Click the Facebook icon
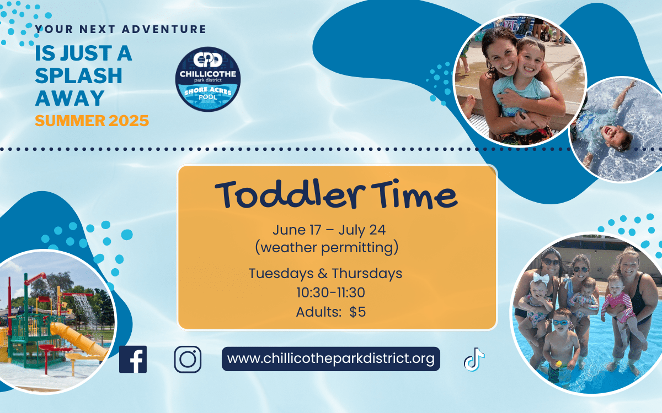133,359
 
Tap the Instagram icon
188,359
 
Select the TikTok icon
474,359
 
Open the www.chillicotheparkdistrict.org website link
330,359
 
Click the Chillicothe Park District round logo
208,79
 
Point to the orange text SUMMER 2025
92,121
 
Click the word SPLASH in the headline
78,76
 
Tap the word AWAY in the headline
70,98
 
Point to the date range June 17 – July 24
329,230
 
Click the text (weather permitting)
327,247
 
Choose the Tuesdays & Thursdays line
325,274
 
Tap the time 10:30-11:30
330,292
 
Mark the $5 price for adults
357,312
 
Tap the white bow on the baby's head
541,278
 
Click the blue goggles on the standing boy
560,323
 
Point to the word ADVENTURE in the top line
164,29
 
